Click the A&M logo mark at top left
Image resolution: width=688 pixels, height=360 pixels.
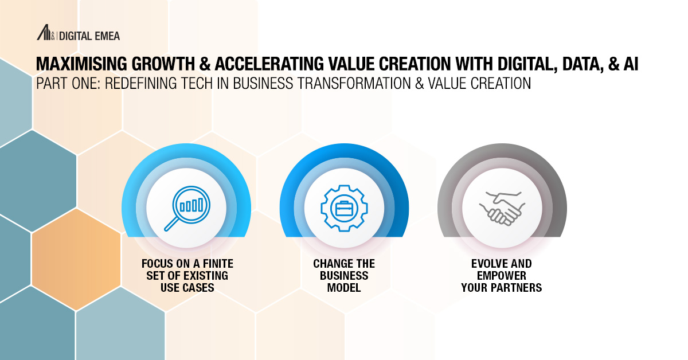[x=45, y=34]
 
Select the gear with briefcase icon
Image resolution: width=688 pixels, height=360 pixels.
[x=344, y=208]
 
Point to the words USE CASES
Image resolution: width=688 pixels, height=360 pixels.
[x=187, y=288]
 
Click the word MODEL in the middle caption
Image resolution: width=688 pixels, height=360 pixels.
[x=344, y=288]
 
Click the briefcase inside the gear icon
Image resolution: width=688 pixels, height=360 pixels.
[x=344, y=208]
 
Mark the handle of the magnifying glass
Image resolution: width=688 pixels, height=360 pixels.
[x=170, y=224]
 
